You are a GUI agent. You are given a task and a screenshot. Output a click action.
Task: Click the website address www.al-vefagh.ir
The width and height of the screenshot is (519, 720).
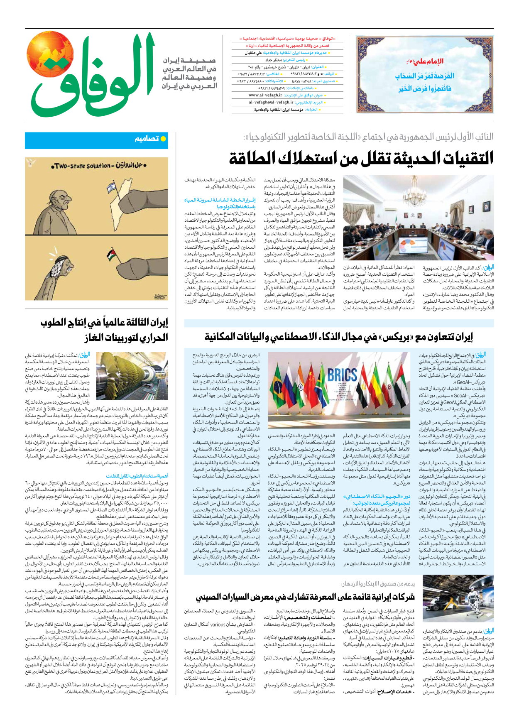[266, 95]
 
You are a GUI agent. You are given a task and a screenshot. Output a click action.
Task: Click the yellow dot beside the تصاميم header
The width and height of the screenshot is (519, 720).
[163, 139]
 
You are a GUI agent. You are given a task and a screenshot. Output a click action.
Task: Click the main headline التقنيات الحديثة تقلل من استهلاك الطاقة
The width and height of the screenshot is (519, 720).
[361, 159]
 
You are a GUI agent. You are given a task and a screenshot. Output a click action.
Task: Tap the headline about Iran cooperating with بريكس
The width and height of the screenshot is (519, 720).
[339, 337]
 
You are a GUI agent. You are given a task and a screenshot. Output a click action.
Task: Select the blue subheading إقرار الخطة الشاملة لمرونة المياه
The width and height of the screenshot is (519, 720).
[220, 203]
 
